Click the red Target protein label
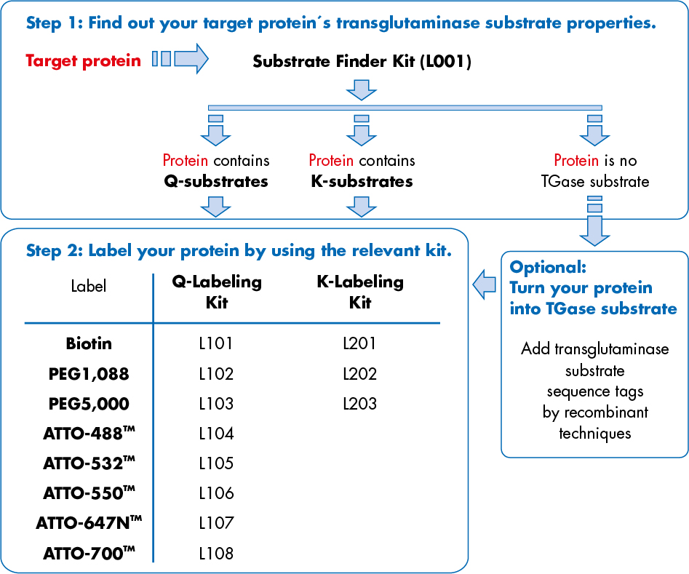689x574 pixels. tap(83, 60)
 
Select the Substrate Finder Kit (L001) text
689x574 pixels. tap(362, 61)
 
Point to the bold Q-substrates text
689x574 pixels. tap(215, 181)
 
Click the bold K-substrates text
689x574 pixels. tap(361, 181)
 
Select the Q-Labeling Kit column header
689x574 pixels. tap(216, 292)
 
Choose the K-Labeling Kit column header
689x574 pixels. tap(360, 292)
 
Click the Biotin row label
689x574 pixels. tap(89, 343)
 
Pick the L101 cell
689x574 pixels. tap(216, 343)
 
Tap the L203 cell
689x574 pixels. tap(360, 403)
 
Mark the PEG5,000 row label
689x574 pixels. tap(89, 403)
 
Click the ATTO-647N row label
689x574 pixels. tap(89, 523)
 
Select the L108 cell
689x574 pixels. tap(216, 554)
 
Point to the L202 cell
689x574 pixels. tap(360, 374)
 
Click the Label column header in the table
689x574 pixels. tap(89, 286)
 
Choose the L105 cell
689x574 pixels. tap(216, 463)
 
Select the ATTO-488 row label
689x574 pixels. tap(89, 434)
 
